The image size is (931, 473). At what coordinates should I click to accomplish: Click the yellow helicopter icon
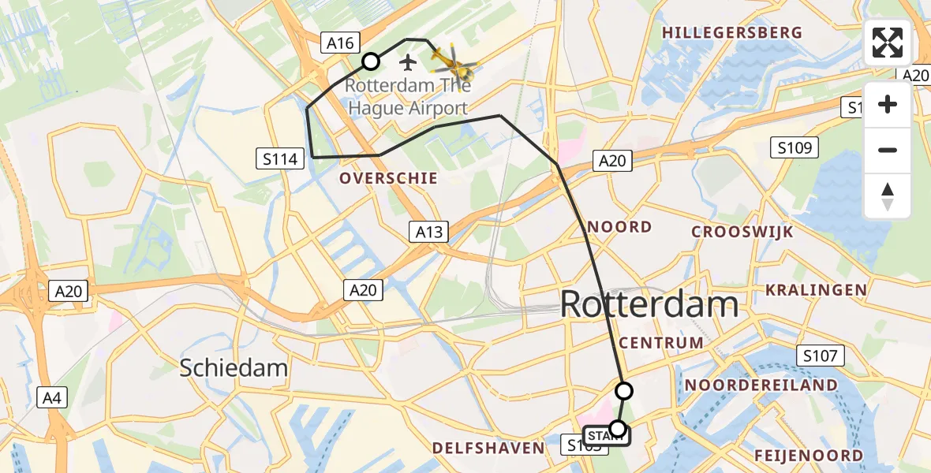point(453,61)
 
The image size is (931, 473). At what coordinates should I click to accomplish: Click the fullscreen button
point(888,43)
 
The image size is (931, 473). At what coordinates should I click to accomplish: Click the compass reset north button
point(888,196)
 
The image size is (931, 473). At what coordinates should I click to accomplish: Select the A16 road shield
point(341,43)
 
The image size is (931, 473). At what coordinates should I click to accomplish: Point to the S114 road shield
point(282,159)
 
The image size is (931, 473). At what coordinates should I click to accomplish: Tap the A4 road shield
point(51,398)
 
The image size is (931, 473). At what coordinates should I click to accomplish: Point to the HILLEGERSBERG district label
point(732,33)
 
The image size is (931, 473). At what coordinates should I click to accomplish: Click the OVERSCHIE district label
point(388,179)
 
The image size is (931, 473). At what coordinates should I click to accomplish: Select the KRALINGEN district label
point(816,290)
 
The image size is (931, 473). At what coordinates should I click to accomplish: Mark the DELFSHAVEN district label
point(488,449)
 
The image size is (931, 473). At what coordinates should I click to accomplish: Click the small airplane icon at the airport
point(407,61)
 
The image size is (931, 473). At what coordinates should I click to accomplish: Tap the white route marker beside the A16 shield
point(370,61)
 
